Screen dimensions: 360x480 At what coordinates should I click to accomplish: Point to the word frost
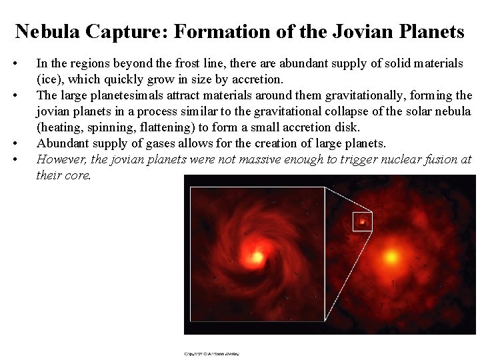[x=189, y=63]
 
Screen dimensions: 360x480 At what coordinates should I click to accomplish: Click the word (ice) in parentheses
[x=48, y=79]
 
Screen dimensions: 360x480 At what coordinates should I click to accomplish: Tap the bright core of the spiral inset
[x=255, y=256]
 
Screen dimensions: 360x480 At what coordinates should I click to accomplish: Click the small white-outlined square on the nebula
[x=362, y=221]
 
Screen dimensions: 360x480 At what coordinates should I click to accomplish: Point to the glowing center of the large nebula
[x=391, y=256]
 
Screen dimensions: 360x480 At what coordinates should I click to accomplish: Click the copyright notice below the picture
[x=211, y=353]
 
